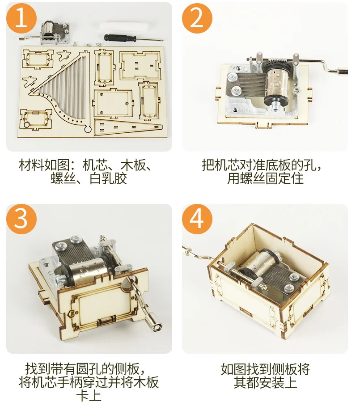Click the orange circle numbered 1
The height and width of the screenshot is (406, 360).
pyautogui.click(x=21, y=18)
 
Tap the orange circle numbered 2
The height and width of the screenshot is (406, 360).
pyautogui.click(x=197, y=18)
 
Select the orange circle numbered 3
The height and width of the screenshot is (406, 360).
pyautogui.click(x=21, y=217)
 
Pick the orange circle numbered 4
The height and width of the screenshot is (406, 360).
pyautogui.click(x=197, y=217)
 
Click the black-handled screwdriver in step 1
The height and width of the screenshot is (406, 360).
pyautogui.click(x=121, y=38)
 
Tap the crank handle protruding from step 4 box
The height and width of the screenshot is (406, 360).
pyautogui.click(x=197, y=253)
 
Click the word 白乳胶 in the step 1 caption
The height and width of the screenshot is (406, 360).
pyautogui.click(x=108, y=179)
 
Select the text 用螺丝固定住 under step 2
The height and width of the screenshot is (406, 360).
pyautogui.click(x=265, y=179)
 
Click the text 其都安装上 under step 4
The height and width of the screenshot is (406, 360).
pyautogui.click(x=265, y=383)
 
